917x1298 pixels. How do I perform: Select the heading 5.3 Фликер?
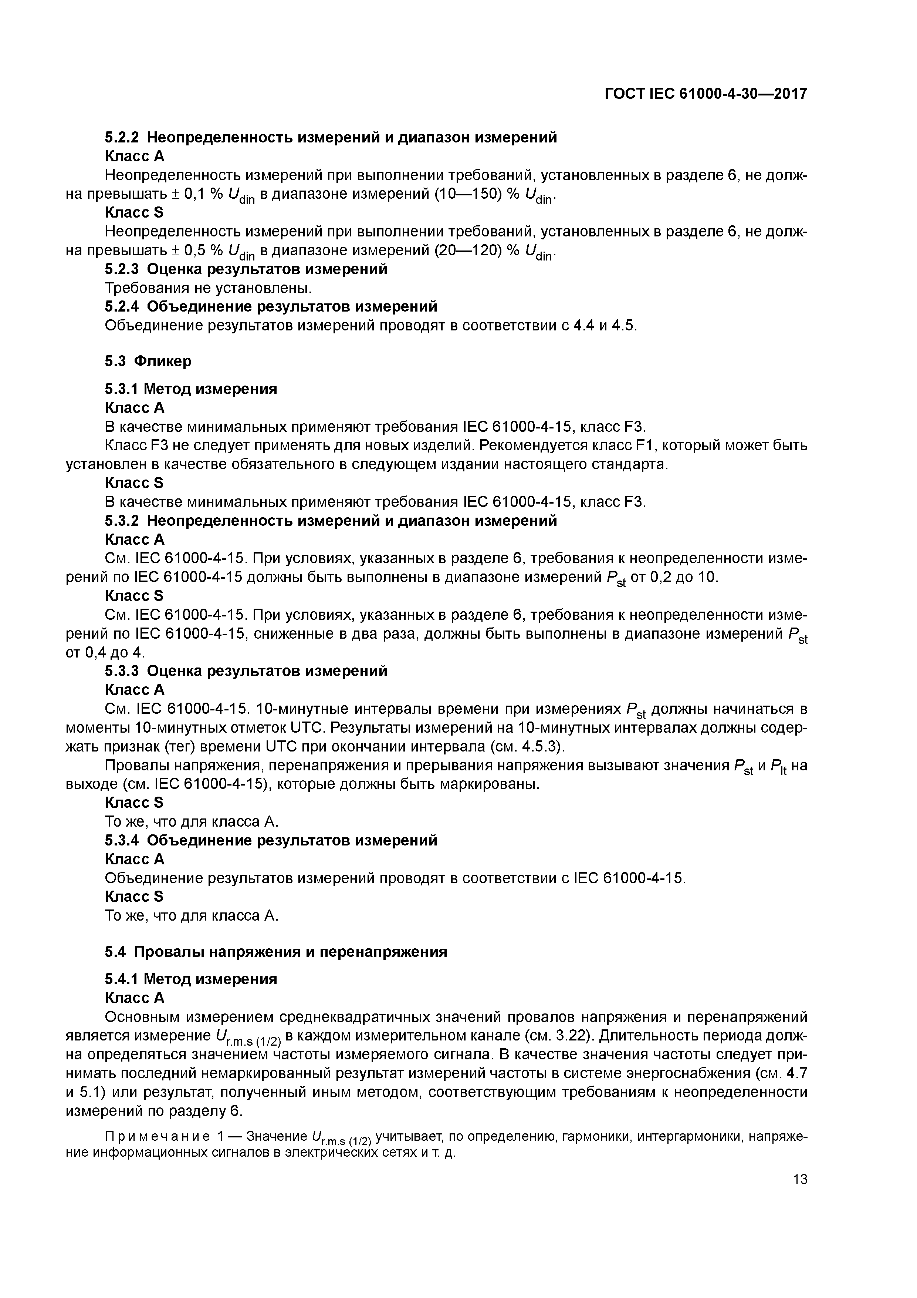[x=148, y=361]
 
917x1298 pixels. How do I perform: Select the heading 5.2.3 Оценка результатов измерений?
[x=246, y=269]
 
